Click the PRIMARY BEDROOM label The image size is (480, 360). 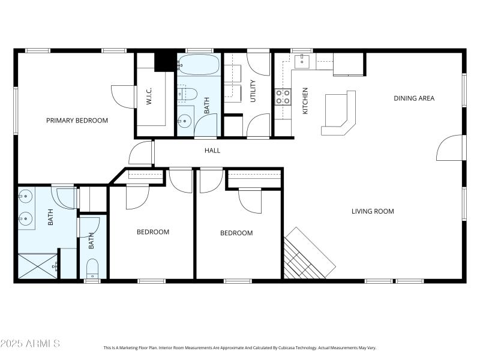click(x=77, y=121)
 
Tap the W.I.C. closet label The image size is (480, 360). click(x=149, y=98)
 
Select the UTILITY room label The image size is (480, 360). click(x=253, y=91)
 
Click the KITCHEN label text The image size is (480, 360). click(x=305, y=100)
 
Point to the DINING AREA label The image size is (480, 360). click(x=414, y=98)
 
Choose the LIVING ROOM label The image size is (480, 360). click(x=373, y=211)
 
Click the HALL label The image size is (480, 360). click(x=212, y=151)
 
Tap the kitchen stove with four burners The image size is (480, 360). click(x=283, y=97)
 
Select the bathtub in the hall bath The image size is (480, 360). click(x=199, y=65)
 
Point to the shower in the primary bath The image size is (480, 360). click(x=38, y=266)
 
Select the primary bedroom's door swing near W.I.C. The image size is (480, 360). click(x=122, y=96)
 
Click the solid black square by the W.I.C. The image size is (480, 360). click(x=164, y=62)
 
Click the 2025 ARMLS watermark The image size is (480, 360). click(x=30, y=344)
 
